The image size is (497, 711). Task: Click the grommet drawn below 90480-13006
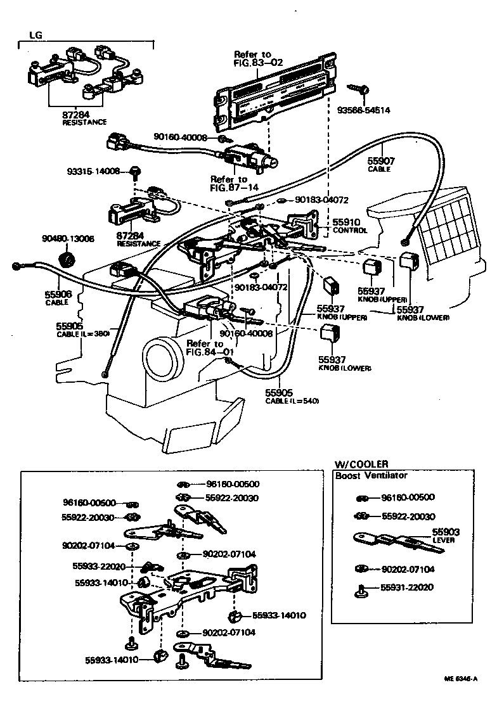tap(65, 259)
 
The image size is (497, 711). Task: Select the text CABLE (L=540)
tap(292, 400)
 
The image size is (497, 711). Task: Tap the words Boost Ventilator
tap(371, 475)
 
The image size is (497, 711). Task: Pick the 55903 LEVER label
tap(446, 536)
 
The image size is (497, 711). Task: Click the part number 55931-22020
tap(407, 587)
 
